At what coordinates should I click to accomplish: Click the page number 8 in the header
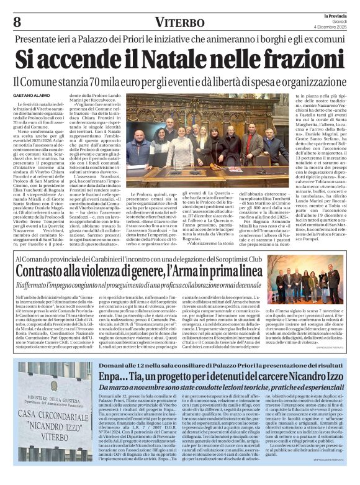(x=17, y=22)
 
